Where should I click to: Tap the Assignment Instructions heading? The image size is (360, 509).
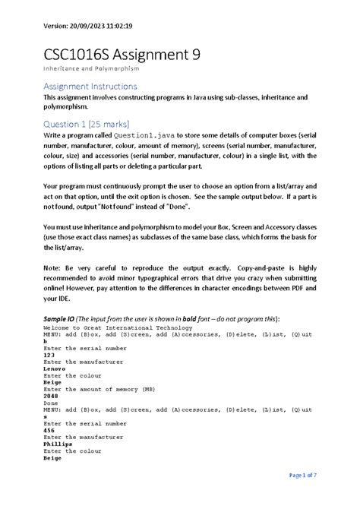point(90,87)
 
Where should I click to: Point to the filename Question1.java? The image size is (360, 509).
point(140,135)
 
